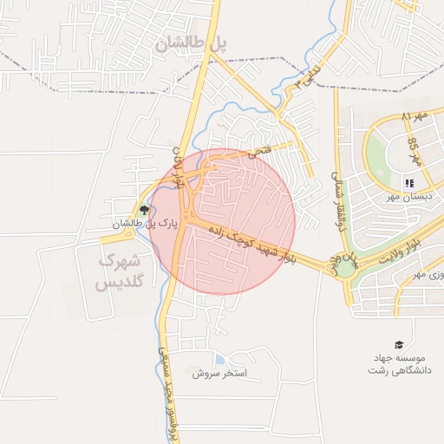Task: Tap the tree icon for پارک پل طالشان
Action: (x=144, y=210)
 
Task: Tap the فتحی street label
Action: (x=259, y=151)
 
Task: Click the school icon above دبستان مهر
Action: (x=408, y=182)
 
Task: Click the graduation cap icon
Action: (x=398, y=344)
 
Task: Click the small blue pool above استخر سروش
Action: (x=219, y=359)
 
